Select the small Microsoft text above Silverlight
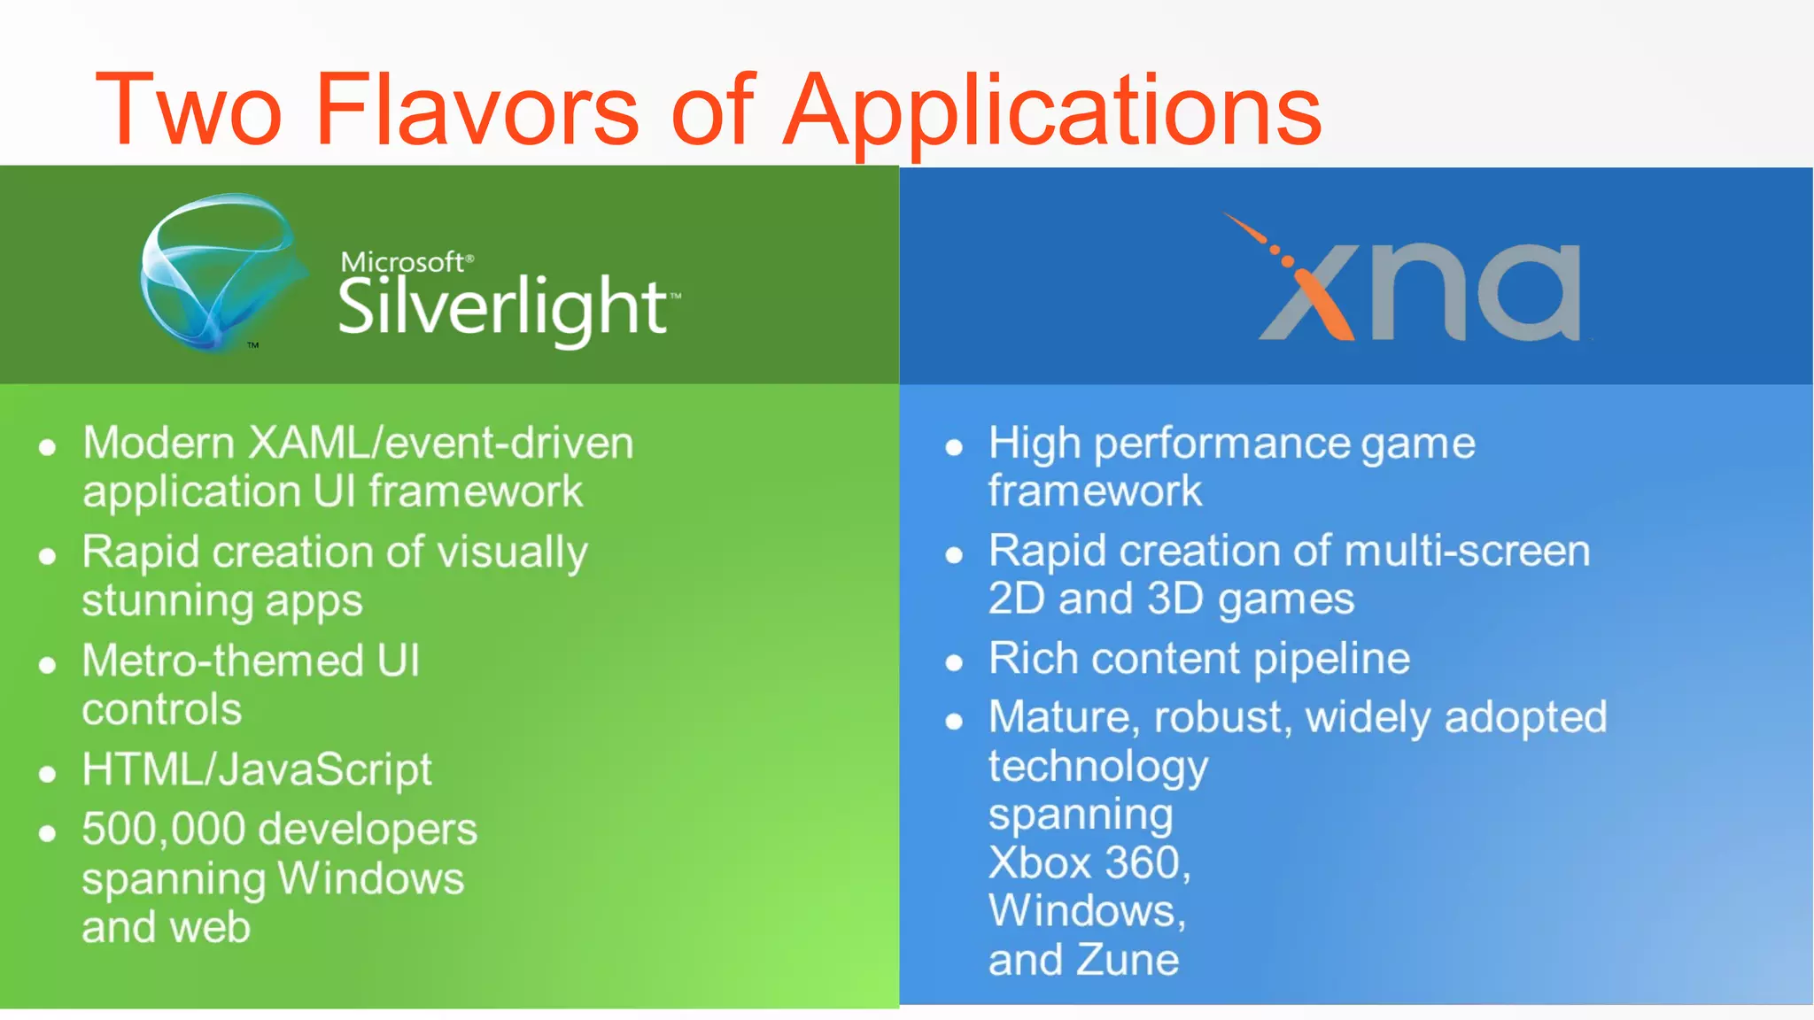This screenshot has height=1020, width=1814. click(404, 262)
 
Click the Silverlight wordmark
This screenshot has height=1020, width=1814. click(503, 307)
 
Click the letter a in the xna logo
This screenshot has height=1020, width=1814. click(1528, 292)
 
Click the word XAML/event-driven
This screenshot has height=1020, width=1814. click(441, 443)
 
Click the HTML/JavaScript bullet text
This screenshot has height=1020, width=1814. click(257, 769)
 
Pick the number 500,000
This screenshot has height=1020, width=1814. click(163, 830)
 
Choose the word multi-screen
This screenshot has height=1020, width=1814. click(1467, 551)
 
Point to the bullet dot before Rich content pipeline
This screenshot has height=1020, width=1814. click(954, 663)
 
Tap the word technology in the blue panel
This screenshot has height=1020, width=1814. click(1097, 767)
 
